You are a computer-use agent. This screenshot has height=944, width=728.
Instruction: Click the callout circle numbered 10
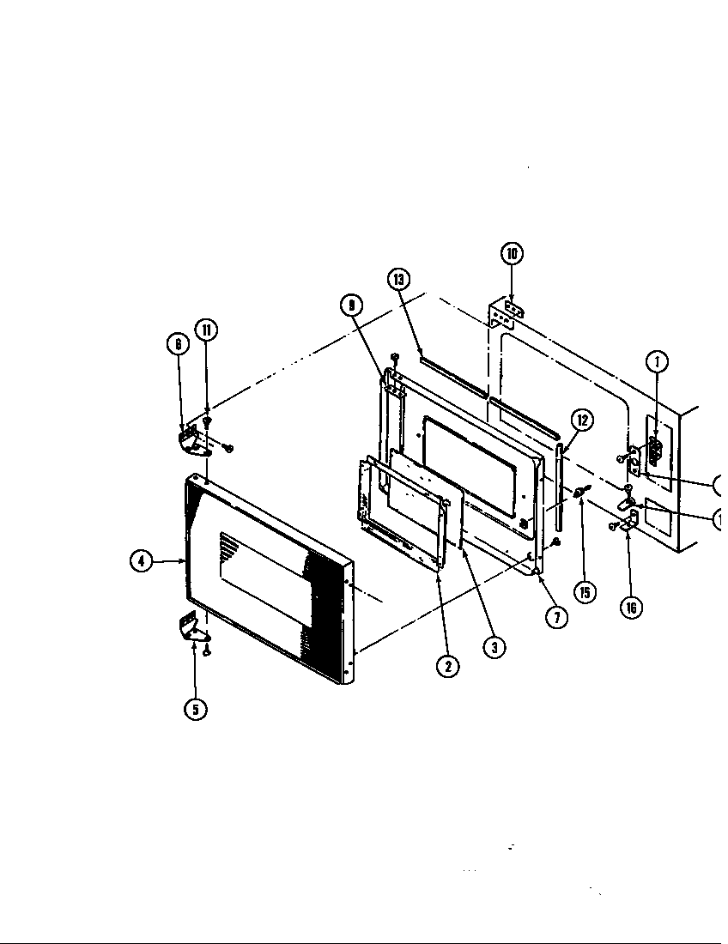click(512, 253)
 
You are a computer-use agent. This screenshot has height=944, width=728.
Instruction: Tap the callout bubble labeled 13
click(398, 279)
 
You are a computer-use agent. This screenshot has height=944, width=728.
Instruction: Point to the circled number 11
click(206, 330)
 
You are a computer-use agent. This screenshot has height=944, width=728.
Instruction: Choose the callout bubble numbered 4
click(141, 562)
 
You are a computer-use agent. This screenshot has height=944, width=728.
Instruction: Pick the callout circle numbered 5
click(197, 710)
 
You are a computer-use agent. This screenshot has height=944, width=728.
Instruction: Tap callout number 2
click(447, 665)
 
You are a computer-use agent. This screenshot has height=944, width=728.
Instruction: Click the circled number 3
click(494, 647)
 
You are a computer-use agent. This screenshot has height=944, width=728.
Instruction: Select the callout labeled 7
click(557, 617)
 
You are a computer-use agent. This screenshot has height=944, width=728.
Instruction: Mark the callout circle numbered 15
click(585, 591)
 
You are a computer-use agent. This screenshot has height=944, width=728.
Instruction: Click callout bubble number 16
click(631, 609)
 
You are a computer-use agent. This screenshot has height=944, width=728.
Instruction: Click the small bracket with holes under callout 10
click(506, 315)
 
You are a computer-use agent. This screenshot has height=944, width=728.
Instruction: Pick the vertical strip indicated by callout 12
click(559, 489)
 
